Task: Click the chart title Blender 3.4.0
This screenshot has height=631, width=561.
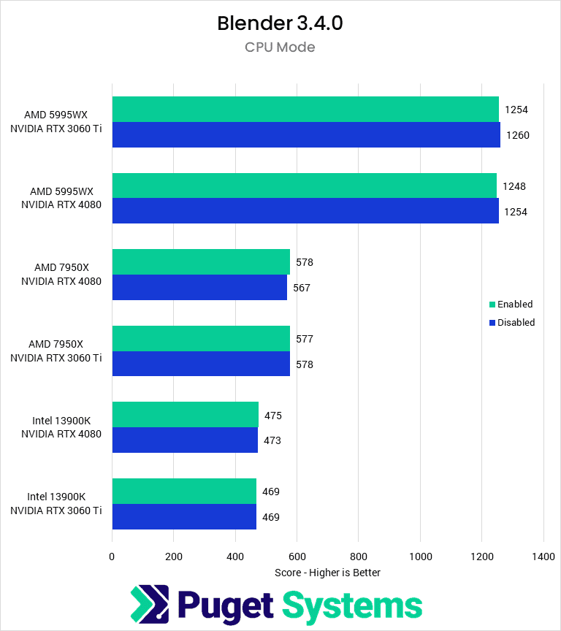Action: pos(280,23)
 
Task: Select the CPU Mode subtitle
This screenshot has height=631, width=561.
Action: pos(280,47)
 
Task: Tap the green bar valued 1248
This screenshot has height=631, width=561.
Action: pos(304,186)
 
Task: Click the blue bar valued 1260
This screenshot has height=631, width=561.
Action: pos(306,134)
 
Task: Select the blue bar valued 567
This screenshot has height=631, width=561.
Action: pos(199,287)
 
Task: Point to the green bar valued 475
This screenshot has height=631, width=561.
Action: pos(185,415)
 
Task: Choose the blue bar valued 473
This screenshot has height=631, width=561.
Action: pos(185,440)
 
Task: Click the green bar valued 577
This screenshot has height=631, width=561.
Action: pos(201,338)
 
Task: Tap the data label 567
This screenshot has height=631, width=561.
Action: pos(302,288)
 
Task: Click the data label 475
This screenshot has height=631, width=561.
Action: pos(273,416)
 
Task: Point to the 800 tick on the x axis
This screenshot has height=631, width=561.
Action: pos(358,556)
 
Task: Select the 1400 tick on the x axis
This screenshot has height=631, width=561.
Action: pos(543,556)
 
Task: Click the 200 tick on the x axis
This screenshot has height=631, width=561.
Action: pos(173,556)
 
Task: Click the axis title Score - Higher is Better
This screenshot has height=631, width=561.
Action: pos(327,573)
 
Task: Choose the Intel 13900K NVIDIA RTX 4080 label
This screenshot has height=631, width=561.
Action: pos(61,427)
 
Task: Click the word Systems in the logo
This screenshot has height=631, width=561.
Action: pos(352,606)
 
